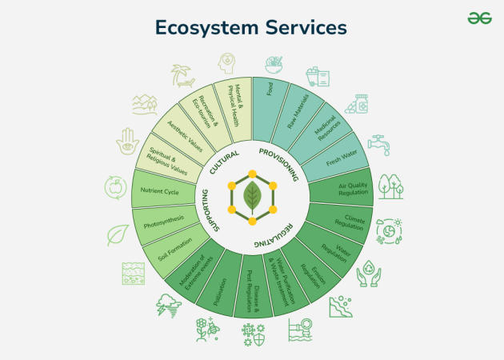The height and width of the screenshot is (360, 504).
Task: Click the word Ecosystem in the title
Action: click(x=206, y=28)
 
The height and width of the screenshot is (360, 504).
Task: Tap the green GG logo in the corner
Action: click(x=479, y=18)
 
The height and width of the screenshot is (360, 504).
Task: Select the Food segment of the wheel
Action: click(x=270, y=110)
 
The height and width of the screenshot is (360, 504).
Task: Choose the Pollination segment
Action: click(x=220, y=283)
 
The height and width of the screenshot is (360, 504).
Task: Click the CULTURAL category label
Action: click(x=224, y=162)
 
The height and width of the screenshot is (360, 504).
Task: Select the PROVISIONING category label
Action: click(x=279, y=164)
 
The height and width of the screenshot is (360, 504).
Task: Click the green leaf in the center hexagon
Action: click(x=252, y=198)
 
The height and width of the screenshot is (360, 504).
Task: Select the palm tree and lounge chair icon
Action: click(x=182, y=75)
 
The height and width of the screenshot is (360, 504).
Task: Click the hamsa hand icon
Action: click(x=128, y=141)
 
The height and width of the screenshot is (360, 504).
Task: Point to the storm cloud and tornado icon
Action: click(x=169, y=306)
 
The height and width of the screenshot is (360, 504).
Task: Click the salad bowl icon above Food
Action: click(x=274, y=66)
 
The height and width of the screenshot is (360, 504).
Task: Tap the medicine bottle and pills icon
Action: click(x=357, y=104)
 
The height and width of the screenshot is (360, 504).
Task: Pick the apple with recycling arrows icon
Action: click(x=115, y=187)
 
